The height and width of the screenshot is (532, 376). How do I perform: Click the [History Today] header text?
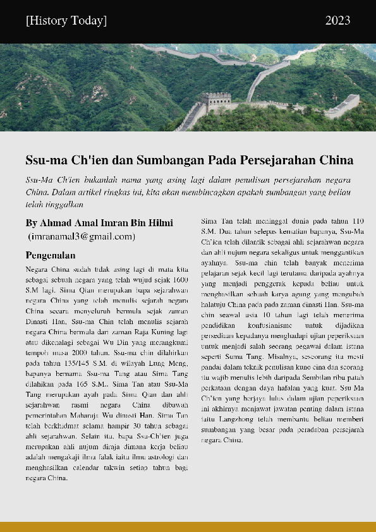click(x=66, y=21)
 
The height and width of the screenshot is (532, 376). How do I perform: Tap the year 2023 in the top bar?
click(x=337, y=21)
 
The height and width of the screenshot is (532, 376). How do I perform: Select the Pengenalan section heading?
click(x=51, y=255)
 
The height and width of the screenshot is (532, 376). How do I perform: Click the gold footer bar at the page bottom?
click(x=188, y=526)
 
